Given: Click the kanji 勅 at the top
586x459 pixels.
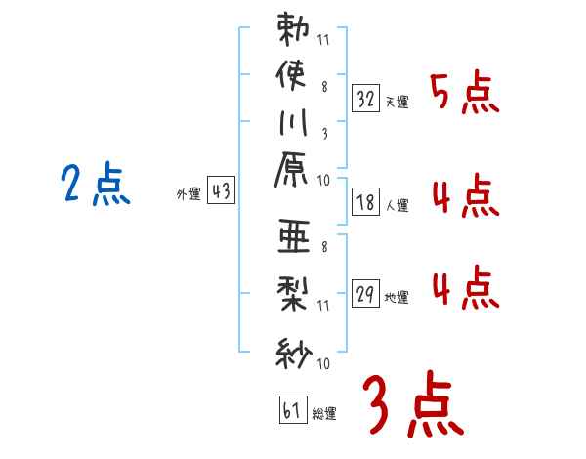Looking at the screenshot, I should [292, 29].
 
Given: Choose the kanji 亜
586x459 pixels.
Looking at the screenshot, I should [292, 238].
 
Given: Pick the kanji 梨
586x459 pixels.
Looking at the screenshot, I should [292, 292].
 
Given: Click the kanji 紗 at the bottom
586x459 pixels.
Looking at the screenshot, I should [292, 350].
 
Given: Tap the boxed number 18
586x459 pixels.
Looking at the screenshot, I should [366, 202].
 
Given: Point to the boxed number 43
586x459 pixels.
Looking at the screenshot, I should [221, 191].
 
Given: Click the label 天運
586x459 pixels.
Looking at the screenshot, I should [398, 102].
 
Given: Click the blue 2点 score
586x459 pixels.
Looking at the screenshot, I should [96, 185].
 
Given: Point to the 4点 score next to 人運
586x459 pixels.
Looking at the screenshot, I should [465, 198].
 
